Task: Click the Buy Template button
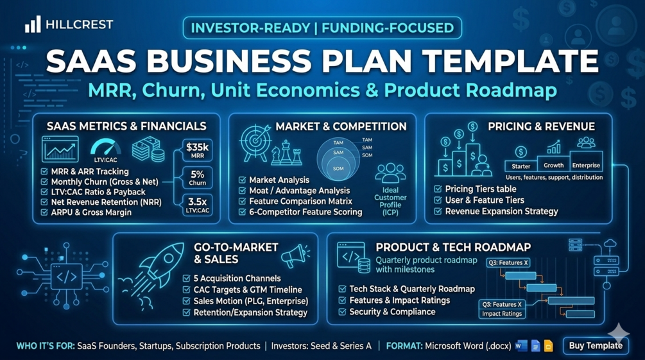(x=595, y=346)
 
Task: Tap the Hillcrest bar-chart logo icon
(x=33, y=24)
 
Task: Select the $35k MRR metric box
(x=198, y=150)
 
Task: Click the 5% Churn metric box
(x=198, y=178)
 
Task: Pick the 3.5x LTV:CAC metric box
(x=198, y=205)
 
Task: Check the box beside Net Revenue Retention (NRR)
(x=44, y=202)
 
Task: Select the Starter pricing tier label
(x=520, y=166)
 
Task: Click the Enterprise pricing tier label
(x=586, y=166)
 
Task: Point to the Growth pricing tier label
(x=554, y=166)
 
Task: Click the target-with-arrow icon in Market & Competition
(x=255, y=142)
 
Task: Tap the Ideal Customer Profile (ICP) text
(x=390, y=201)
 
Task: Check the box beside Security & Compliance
(x=342, y=312)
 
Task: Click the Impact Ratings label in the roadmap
(x=502, y=314)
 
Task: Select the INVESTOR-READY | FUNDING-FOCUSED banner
(x=322, y=28)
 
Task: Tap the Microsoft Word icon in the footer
(x=521, y=346)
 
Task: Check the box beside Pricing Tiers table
(x=438, y=189)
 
